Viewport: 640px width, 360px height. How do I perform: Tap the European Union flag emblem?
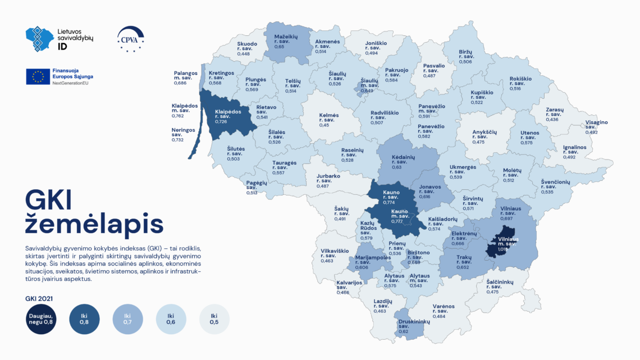tap(38, 76)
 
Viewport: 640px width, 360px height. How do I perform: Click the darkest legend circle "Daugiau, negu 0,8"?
tap(40, 320)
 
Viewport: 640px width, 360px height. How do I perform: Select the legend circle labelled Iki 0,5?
tap(214, 320)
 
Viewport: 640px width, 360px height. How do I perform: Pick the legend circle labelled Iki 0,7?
tap(127, 320)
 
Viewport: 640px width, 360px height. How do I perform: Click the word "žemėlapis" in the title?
tap(94, 224)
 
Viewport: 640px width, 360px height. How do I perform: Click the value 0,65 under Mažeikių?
tap(279, 46)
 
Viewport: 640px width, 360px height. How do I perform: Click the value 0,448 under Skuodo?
tap(244, 54)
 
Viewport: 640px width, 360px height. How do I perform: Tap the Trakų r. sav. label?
tap(464, 261)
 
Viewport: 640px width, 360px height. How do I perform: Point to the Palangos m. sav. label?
tap(185, 76)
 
